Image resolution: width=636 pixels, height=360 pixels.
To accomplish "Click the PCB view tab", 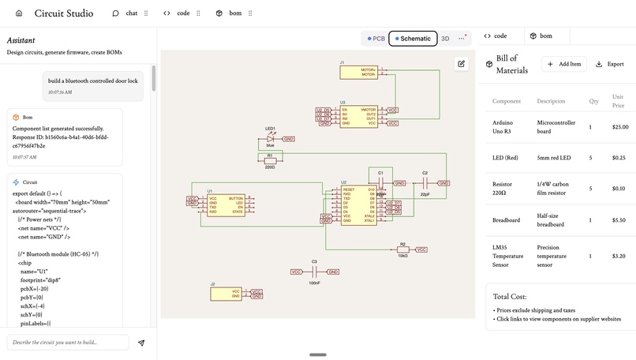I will pos(376,38).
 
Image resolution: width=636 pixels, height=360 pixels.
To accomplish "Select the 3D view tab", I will pos(445,38).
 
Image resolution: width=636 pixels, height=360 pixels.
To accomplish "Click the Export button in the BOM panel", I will pos(610,64).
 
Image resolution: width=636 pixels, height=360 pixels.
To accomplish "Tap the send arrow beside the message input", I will pos(141,343).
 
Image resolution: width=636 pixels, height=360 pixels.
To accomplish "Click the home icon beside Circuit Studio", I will pos(19,13).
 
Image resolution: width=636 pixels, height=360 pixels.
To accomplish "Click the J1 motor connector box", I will pos(359,72).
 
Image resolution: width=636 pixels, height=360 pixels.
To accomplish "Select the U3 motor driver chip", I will pos(359,116).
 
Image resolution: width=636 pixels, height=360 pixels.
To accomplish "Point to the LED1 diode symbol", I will pos(271,138).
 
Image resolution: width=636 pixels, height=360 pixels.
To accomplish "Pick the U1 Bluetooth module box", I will pos(226,204).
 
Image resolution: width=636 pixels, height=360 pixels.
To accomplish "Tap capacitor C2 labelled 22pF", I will pos(425,182).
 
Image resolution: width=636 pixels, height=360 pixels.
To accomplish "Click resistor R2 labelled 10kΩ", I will pos(402,249).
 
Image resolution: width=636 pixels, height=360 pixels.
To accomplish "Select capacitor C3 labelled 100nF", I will pos(314,272).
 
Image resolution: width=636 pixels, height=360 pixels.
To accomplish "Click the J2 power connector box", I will pos(226,294).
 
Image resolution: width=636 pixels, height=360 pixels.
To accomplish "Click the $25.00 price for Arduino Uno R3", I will pos(620,126).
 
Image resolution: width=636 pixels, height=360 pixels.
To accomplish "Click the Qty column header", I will pos(594,101).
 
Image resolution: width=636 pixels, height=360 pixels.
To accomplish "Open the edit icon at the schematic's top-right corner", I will pos(462,64).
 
